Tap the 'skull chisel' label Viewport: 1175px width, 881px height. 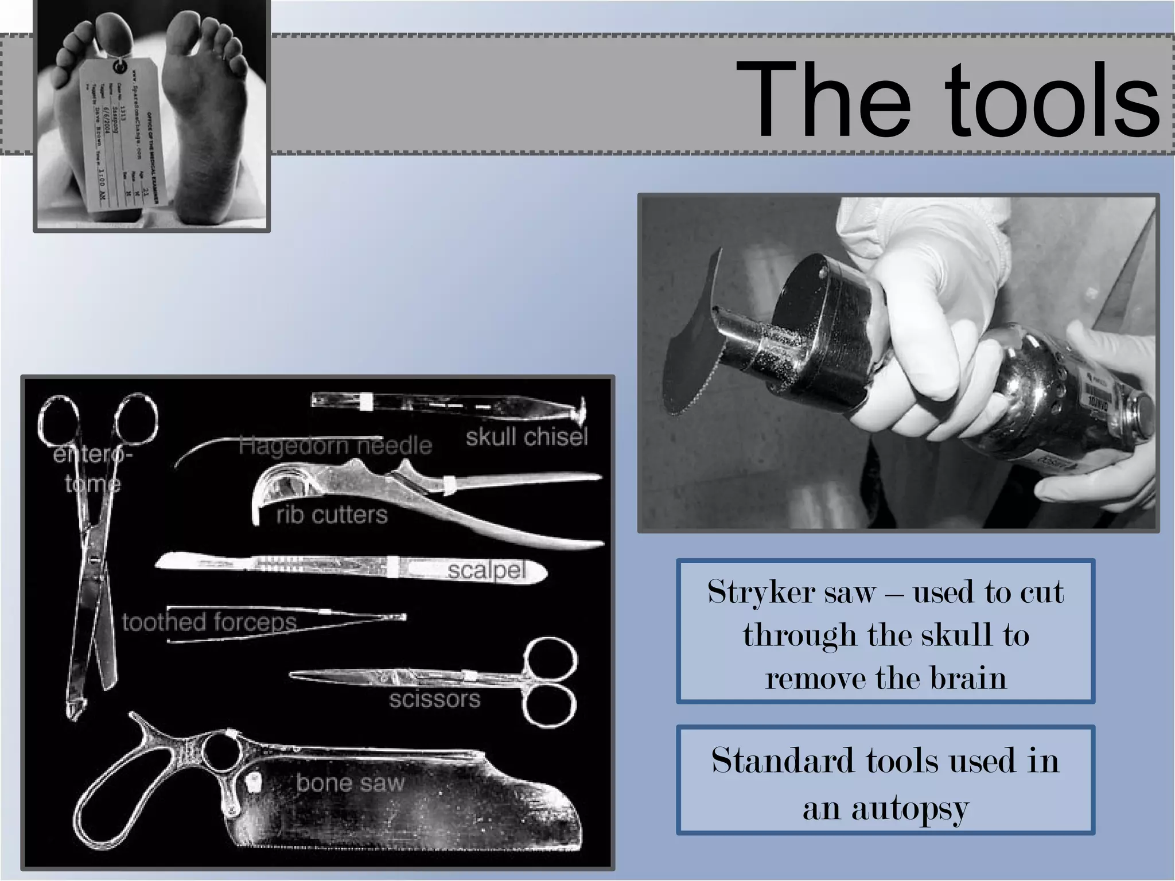pos(527,437)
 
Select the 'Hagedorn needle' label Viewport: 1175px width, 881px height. pos(335,445)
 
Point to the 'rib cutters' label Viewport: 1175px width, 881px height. pos(332,514)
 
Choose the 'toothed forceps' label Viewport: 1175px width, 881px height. pos(209,622)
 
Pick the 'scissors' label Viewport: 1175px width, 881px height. pos(434,699)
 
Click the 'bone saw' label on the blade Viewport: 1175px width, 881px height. pos(350,783)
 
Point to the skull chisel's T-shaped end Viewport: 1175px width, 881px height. pos(581,408)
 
